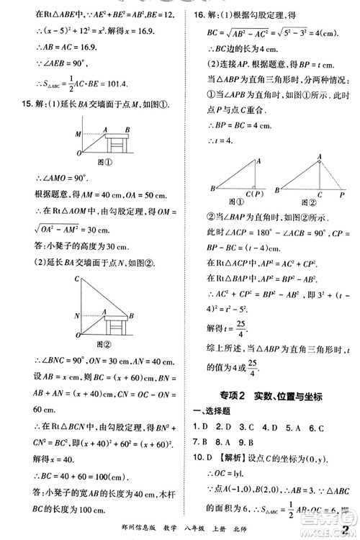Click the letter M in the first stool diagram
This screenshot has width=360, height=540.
click(78, 134)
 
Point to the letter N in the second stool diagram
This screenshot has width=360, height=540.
click(76, 315)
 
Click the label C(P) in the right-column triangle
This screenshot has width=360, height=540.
click(252, 193)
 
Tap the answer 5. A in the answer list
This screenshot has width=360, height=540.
click(312, 428)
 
